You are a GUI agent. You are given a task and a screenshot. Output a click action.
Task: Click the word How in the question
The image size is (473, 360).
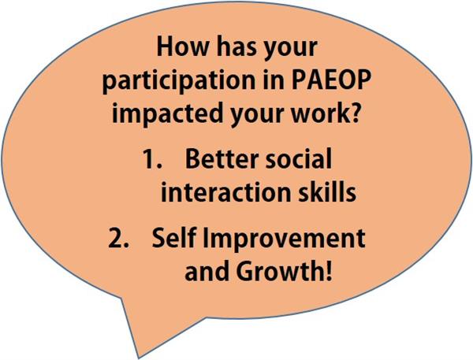[x=183, y=47]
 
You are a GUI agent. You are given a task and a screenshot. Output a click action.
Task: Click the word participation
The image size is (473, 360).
[x=179, y=82]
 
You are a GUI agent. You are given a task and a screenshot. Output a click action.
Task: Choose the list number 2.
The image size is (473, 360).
[x=119, y=238]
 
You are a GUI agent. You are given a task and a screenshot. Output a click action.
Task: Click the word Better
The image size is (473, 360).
[x=222, y=159]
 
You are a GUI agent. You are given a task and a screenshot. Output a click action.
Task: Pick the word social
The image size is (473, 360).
[x=299, y=159]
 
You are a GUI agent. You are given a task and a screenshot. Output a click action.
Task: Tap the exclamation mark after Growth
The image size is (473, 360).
[x=328, y=271]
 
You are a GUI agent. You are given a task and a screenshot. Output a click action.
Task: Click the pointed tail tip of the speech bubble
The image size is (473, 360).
[x=138, y=358]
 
